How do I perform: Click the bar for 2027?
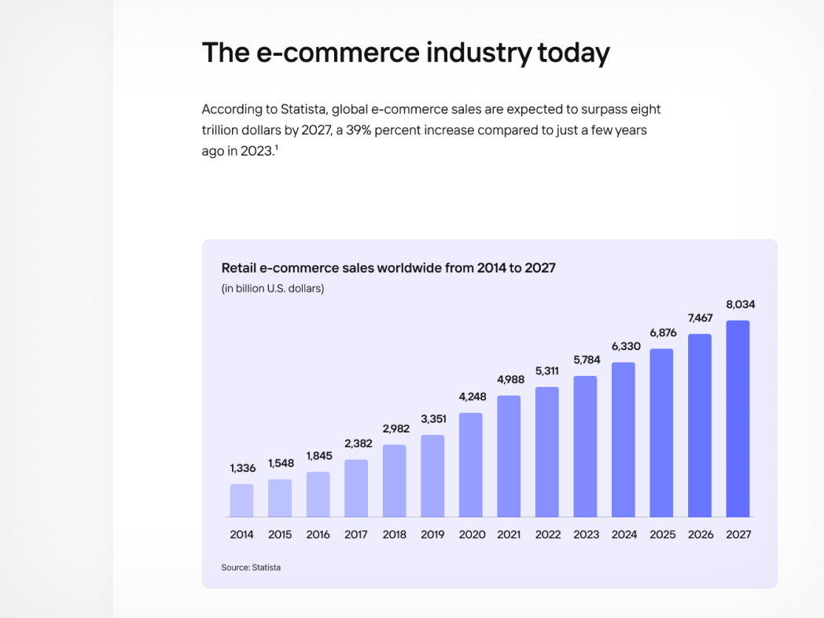point(738,418)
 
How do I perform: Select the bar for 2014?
point(241,500)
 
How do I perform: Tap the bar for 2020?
point(470,465)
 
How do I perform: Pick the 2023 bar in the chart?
point(585,446)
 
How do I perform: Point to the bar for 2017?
point(356,487)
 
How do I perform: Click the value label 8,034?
point(740,304)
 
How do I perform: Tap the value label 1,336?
point(243,468)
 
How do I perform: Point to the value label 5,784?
point(586,360)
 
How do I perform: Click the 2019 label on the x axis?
point(432,535)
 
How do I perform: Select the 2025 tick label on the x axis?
point(662,535)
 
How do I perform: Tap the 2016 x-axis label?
point(318,535)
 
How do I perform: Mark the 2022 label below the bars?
point(548,535)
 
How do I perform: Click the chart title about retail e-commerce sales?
point(388,268)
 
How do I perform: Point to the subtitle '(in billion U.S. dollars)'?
point(273,289)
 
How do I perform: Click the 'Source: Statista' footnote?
point(251,567)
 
